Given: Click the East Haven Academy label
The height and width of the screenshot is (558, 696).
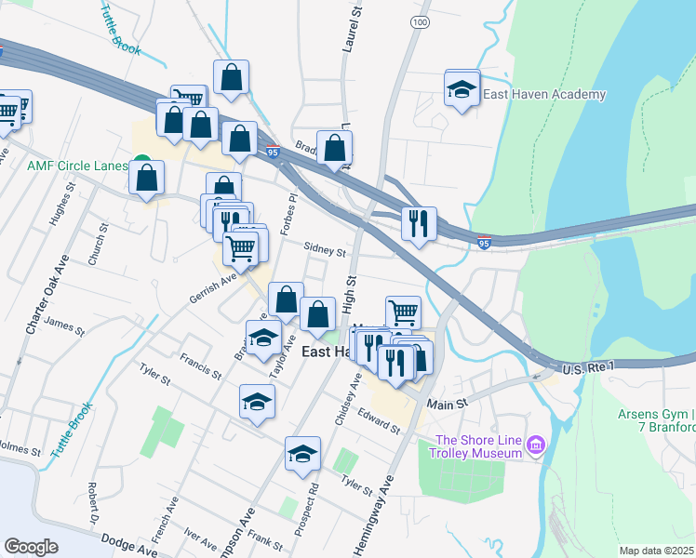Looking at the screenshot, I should (544, 94).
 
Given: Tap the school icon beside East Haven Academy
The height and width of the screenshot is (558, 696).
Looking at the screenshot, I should (462, 90).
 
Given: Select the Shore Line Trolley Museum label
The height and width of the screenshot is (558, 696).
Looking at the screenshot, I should (479, 446).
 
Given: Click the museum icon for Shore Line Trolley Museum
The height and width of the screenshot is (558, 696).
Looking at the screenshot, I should (535, 446).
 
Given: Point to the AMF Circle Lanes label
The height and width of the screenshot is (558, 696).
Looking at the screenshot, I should (76, 166).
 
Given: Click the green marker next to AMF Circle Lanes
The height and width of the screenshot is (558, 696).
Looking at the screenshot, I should (141, 164).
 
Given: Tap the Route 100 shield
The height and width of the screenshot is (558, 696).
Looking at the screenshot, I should (420, 20).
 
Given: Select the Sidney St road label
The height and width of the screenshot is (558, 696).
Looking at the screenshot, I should (325, 250).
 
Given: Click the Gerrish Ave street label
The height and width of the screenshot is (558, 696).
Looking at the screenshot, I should (213, 286).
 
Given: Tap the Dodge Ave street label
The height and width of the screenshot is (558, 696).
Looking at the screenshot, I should (128, 550).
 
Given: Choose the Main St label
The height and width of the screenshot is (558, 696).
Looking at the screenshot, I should (446, 405).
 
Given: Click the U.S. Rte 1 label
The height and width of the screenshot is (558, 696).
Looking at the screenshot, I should (588, 368).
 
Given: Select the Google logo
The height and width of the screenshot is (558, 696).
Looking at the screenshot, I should (31, 547).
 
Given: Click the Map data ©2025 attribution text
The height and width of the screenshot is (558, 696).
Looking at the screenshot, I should (656, 551).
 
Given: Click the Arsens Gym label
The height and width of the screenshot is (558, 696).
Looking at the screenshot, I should (656, 415).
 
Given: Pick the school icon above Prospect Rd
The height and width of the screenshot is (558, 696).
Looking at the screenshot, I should (302, 454).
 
